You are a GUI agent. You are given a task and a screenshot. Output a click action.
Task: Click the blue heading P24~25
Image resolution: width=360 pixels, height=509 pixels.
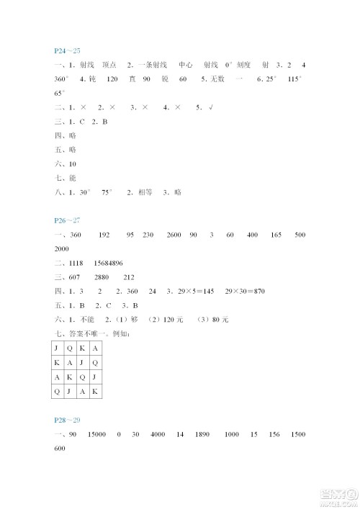(67, 50)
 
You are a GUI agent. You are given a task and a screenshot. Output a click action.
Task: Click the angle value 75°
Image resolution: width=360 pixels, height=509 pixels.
(109, 192)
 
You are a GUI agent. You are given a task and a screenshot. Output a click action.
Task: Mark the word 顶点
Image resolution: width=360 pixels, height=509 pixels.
(110, 65)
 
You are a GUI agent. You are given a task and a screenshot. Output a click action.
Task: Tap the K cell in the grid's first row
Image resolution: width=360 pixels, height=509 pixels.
(81, 347)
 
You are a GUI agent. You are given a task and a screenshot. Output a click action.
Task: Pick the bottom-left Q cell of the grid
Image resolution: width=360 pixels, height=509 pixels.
(57, 391)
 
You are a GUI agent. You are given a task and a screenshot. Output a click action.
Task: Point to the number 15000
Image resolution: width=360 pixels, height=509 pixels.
(97, 436)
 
